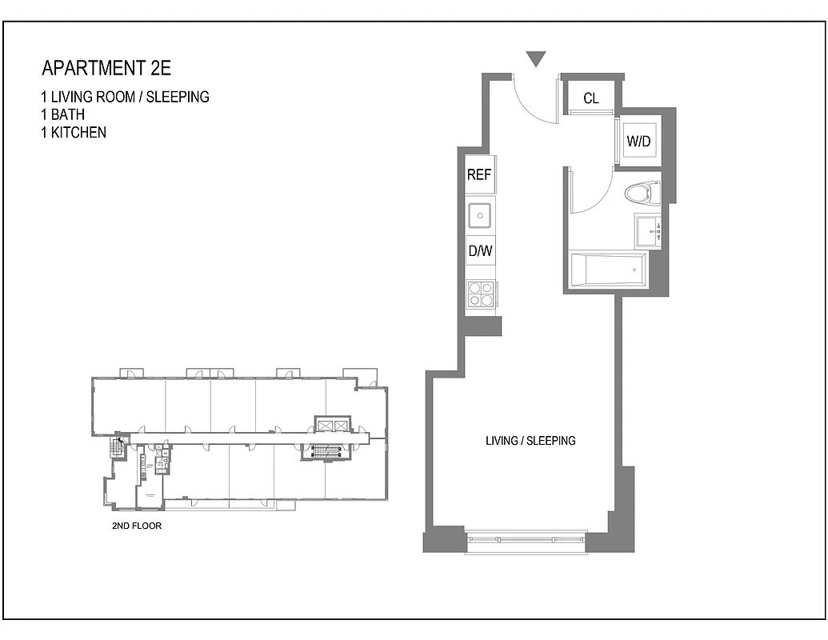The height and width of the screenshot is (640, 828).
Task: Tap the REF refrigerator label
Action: pyautogui.click(x=478, y=175)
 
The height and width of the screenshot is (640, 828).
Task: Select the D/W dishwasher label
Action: pyautogui.click(x=479, y=251)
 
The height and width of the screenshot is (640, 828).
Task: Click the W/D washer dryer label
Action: pyautogui.click(x=638, y=142)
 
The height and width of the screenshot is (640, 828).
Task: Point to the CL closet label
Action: pyautogui.click(x=590, y=98)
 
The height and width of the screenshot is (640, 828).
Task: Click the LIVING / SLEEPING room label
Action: pyautogui.click(x=530, y=441)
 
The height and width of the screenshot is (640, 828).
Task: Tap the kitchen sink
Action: pyautogui.click(x=480, y=214)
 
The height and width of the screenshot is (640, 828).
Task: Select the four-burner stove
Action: pyautogui.click(x=480, y=294)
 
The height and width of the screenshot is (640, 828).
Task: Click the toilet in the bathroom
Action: pyautogui.click(x=641, y=193)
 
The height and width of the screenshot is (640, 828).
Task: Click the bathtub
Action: pyautogui.click(x=607, y=270)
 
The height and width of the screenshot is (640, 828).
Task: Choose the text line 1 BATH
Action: pyautogui.click(x=62, y=114)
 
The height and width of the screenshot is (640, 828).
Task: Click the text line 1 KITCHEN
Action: pyautogui.click(x=73, y=132)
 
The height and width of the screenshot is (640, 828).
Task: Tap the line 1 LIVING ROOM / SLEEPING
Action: pyautogui.click(x=125, y=97)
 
